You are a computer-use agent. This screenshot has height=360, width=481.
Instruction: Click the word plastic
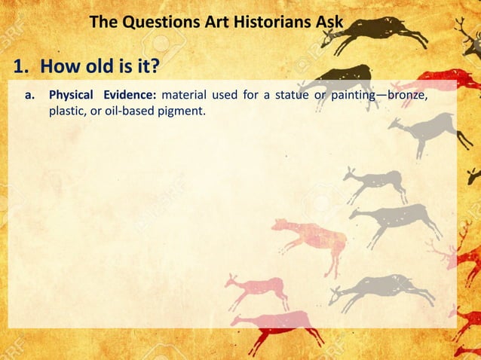pyautogui.click(x=67, y=113)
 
